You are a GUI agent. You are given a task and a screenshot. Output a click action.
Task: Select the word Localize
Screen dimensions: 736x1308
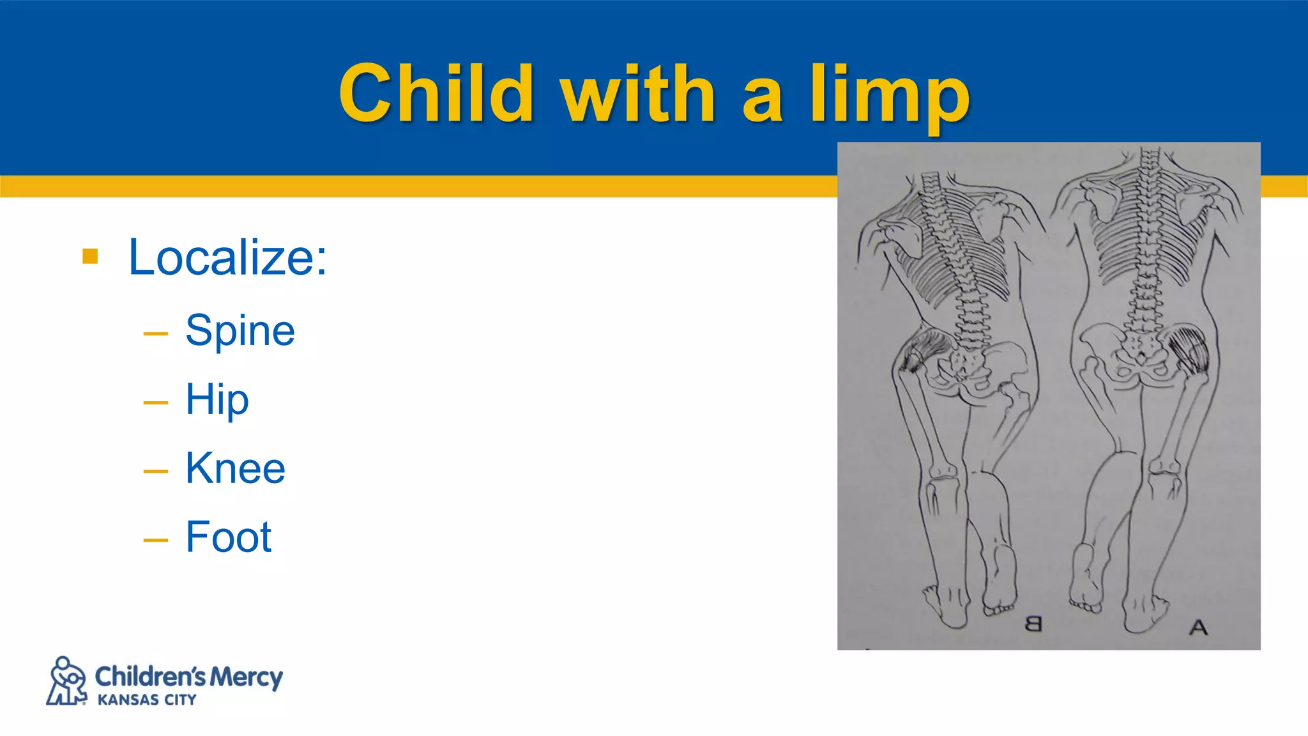tap(227, 257)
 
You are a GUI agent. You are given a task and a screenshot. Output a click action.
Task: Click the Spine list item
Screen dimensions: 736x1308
tap(240, 330)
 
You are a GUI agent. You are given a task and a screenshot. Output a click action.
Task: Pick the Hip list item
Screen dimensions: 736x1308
tap(217, 400)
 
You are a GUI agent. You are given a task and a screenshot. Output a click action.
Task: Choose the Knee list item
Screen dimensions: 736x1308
tap(235, 468)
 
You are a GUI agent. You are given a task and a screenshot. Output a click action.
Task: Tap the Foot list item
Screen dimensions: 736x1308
tap(229, 537)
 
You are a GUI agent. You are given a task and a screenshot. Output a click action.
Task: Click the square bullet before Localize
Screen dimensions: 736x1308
tap(91, 257)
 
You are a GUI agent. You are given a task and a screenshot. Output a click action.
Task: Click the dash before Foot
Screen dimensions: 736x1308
tap(156, 540)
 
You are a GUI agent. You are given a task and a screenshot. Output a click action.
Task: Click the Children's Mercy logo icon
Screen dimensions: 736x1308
tap(66, 681)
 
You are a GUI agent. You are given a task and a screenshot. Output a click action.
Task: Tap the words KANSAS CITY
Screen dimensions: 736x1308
tap(147, 700)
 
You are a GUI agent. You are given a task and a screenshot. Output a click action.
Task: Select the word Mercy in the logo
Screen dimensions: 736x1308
tap(247, 676)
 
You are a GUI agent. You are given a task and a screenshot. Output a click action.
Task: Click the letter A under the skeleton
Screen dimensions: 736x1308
tap(1199, 627)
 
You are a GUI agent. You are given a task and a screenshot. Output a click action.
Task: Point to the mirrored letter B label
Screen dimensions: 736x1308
tap(1033, 624)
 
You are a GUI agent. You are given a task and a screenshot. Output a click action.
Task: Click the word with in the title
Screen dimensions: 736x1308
tap(637, 95)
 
